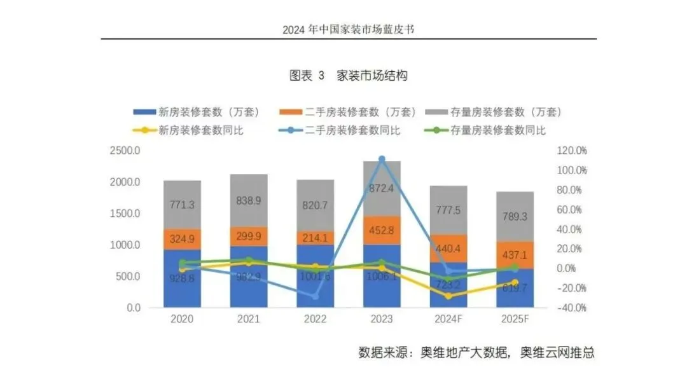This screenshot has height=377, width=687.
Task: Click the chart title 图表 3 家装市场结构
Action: [x=348, y=76]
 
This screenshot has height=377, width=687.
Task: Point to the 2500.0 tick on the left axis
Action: [x=126, y=151]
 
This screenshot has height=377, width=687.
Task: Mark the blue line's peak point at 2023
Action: [x=382, y=160]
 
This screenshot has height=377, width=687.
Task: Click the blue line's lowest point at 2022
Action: [x=315, y=296]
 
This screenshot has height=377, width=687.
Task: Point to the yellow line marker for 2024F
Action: [x=448, y=296]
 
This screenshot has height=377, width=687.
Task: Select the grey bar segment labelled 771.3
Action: [x=182, y=205]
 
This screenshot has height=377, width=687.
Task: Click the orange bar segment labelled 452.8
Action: [x=382, y=230]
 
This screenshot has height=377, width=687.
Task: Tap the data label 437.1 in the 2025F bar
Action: [x=515, y=254]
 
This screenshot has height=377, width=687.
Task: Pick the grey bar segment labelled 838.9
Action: [x=249, y=200]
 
